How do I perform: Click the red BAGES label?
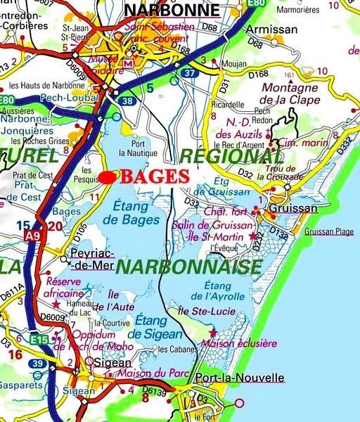click(154, 177)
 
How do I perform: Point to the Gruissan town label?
click(294, 208)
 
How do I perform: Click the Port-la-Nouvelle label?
click(240, 378)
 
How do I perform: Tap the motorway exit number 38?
click(127, 101)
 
